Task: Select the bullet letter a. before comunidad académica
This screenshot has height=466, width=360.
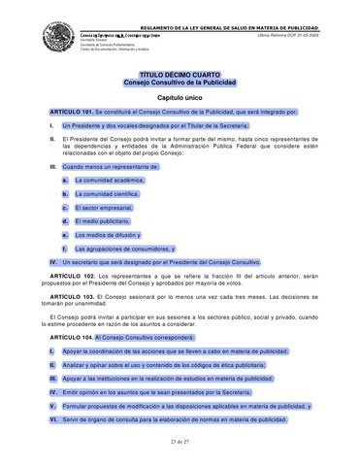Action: pyautogui.click(x=64, y=180)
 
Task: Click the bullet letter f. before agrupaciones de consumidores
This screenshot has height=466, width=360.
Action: pyautogui.click(x=64, y=249)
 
